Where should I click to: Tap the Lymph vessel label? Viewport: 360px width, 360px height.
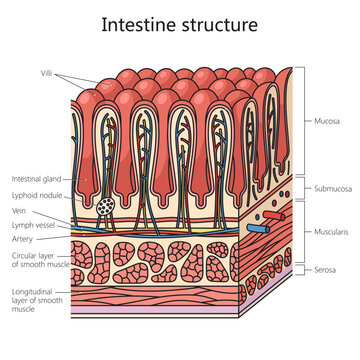33,225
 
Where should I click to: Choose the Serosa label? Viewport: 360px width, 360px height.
324,270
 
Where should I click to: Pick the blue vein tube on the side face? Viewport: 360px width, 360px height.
257,227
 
